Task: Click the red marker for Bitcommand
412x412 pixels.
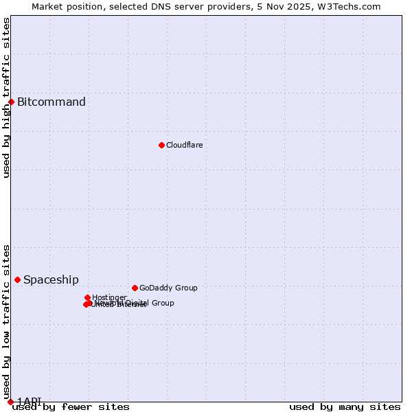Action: [x=11, y=102]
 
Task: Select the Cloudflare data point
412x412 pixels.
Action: [x=161, y=145]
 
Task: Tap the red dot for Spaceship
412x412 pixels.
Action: [x=18, y=279]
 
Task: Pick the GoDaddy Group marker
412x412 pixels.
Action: [x=135, y=288]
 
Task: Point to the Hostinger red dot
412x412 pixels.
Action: [x=88, y=297]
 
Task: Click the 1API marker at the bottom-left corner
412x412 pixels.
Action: [x=10, y=402]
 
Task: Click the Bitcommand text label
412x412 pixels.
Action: [x=51, y=102]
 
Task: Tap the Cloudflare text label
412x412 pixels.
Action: [x=184, y=145]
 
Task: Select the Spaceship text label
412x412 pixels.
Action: [x=51, y=279]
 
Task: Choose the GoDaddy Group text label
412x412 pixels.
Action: [x=168, y=288]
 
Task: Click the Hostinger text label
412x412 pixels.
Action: [x=109, y=297]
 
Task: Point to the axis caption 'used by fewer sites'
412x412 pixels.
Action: [x=71, y=407]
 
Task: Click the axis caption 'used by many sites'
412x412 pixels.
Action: [x=345, y=407]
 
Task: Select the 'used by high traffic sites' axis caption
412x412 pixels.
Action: [x=7, y=98]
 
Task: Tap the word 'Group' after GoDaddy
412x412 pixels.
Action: [x=185, y=288]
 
